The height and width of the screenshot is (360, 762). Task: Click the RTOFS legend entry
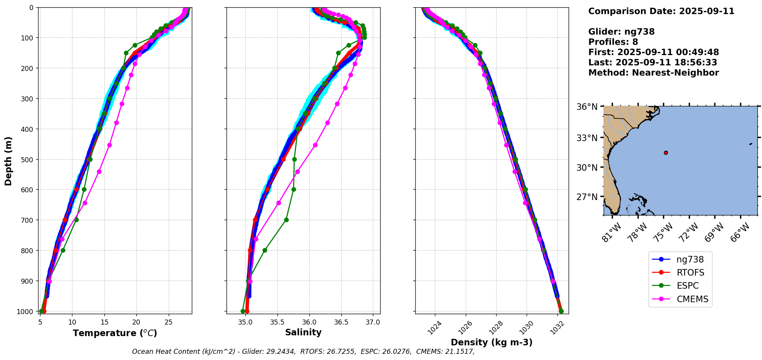coord(690,273)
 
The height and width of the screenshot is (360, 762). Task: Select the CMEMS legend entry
coord(692,299)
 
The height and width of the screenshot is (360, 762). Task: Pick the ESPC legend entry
coord(687,286)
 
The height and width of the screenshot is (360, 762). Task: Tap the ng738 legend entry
coord(690,259)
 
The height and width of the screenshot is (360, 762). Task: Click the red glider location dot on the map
coord(666,153)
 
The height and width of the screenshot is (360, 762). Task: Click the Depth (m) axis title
coord(8,161)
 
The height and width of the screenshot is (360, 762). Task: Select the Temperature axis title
coord(115,333)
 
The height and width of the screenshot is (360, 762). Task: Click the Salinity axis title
coord(303,332)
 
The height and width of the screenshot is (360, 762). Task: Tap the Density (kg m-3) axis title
coord(492,342)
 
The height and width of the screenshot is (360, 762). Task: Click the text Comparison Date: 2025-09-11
coord(661,11)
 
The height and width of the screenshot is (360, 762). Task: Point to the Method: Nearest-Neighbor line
coord(653,73)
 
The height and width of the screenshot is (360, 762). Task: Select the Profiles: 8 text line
coord(613,42)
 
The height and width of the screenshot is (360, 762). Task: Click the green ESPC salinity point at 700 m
coord(286,220)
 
